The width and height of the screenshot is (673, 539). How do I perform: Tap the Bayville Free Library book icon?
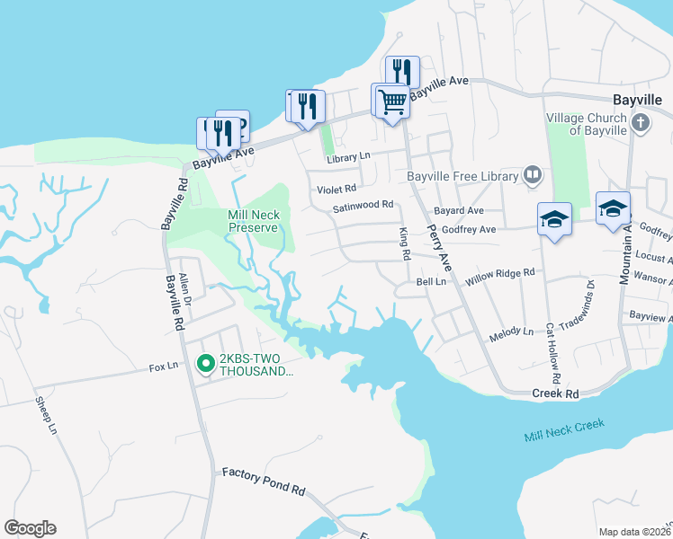click(533, 175)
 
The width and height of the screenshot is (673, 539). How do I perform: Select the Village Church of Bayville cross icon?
click(640, 121)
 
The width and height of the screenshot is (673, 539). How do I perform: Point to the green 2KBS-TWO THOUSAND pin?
click(205, 364)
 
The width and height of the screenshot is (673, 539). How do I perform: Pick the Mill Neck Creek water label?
click(565, 430)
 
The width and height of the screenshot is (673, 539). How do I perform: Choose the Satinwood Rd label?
click(363, 205)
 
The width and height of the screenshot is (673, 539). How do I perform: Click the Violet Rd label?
click(336, 190)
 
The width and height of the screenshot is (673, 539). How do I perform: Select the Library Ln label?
click(349, 157)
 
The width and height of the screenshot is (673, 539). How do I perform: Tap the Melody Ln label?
click(511, 333)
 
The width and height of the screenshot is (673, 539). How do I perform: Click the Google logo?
click(30, 528)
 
